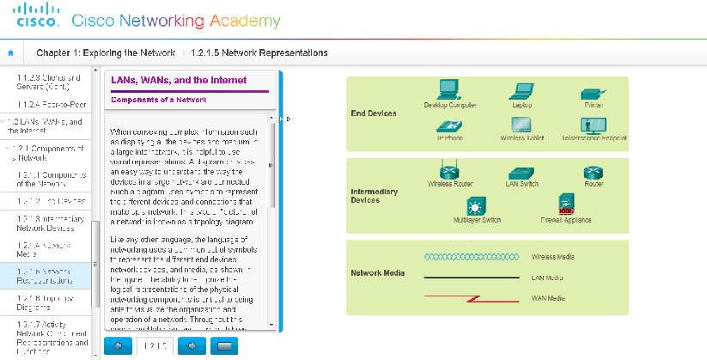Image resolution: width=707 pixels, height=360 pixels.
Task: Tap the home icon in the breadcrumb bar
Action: click(10, 53)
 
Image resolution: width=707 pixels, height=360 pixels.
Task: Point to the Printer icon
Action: click(593, 93)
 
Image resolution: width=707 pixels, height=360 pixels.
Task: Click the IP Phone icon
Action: click(449, 125)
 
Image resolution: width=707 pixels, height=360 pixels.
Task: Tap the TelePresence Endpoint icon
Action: click(594, 125)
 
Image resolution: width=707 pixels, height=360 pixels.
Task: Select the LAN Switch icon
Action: click(521, 172)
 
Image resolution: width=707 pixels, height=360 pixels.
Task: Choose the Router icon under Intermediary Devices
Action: click(594, 172)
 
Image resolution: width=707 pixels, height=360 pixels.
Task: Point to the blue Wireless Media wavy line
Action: click(472, 256)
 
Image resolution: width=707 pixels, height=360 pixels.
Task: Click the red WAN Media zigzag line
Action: click(472, 298)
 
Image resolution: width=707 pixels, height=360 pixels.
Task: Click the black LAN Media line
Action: click(472, 278)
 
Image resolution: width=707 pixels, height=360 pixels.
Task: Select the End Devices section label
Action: click(375, 113)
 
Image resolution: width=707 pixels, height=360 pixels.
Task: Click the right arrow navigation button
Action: click(192, 345)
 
